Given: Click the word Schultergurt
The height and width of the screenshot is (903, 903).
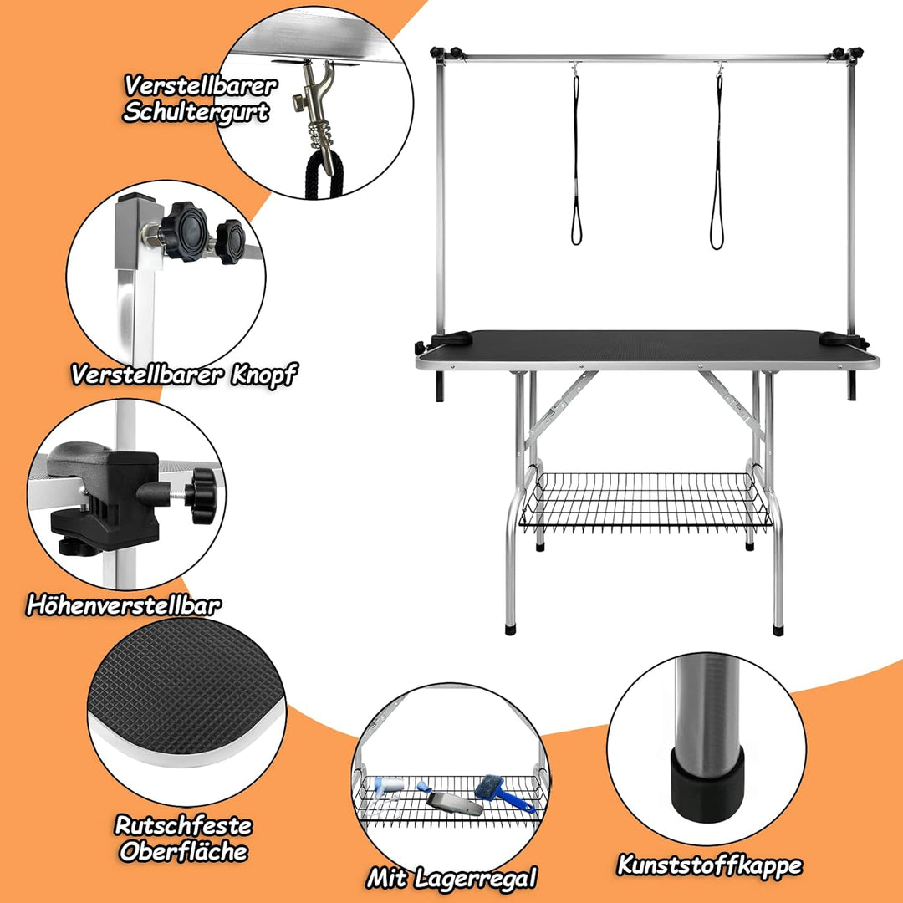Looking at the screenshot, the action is click(196, 112).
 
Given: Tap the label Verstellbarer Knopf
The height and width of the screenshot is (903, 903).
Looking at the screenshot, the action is click(184, 375).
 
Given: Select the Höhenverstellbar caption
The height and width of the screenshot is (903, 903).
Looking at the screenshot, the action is click(124, 605).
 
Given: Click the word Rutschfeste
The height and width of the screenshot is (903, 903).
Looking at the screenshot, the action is click(184, 825).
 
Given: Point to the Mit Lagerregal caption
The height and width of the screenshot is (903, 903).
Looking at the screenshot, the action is click(451, 878).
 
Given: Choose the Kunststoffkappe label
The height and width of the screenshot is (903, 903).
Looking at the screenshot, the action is click(710, 865).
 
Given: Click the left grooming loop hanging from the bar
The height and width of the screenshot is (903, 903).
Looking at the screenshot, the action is click(576, 158).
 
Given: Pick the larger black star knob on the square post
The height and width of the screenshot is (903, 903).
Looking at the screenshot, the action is click(184, 232).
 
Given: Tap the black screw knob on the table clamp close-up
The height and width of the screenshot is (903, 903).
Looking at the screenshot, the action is click(202, 496).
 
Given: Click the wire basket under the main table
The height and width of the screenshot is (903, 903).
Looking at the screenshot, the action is click(645, 500).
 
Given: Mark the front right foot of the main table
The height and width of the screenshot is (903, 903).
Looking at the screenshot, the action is click(778, 630).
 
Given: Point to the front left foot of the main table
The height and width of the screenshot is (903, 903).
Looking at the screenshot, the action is click(511, 628).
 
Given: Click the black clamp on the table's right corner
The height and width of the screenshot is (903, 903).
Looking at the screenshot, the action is click(842, 339).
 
